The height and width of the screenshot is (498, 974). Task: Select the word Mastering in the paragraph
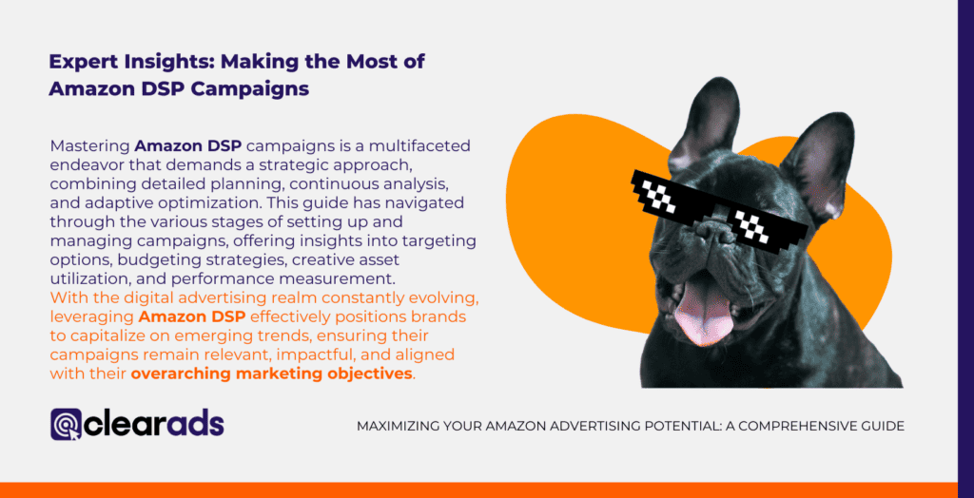click(x=88, y=146)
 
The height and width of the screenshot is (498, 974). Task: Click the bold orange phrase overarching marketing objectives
click(x=271, y=373)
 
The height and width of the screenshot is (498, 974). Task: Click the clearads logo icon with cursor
click(x=67, y=425)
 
